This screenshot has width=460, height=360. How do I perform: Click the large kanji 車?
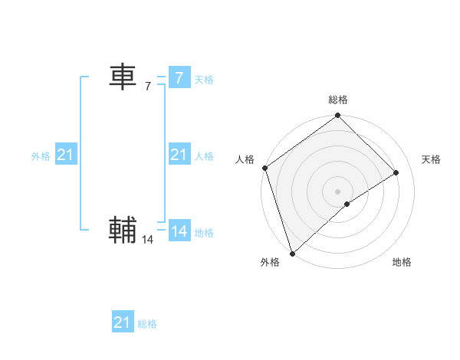[123, 77]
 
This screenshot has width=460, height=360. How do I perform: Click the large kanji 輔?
[123, 231]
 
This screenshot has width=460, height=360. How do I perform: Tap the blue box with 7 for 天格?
[179, 78]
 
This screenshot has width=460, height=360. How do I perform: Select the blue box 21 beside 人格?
[179, 155]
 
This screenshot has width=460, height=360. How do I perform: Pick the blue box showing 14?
[179, 231]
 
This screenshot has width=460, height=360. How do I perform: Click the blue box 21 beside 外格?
[65, 155]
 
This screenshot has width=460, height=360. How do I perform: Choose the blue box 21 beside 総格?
[122, 322]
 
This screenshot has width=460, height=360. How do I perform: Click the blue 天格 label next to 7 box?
[204, 80]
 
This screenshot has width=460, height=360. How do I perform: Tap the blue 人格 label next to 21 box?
[204, 156]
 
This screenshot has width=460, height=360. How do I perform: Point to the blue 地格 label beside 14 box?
[204, 233]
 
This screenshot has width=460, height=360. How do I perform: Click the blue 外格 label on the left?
[41, 156]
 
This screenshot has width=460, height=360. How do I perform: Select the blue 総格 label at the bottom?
[147, 324]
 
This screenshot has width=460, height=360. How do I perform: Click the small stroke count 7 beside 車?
[148, 87]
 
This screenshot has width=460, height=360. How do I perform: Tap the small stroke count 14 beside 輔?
[148, 240]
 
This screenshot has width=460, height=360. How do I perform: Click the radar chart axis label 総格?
[338, 100]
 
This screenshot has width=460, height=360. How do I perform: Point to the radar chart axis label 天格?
[431, 159]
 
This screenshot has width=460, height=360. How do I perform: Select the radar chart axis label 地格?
[402, 262]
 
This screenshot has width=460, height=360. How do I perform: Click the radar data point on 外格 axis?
[291, 253]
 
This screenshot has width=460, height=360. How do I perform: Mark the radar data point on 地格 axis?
[347, 204]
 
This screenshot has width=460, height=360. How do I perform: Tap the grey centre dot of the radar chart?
[337, 191]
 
